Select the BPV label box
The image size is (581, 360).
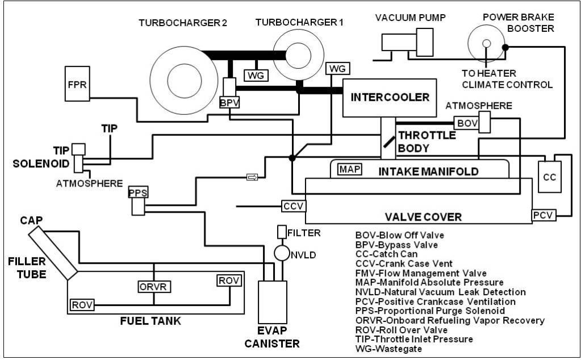[x=227, y=102]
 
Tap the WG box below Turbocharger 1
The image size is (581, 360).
[x=253, y=75]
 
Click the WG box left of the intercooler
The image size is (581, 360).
[x=337, y=68]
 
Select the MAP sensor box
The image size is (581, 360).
[x=346, y=169]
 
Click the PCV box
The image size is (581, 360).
[x=543, y=215]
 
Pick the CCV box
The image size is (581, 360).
[x=293, y=205]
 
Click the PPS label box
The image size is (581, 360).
[x=138, y=193]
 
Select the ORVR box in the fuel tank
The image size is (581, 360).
[x=154, y=286]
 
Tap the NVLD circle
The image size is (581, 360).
[x=281, y=253]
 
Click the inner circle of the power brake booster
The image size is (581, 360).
[x=486, y=44]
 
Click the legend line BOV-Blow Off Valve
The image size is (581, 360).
[x=400, y=234]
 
